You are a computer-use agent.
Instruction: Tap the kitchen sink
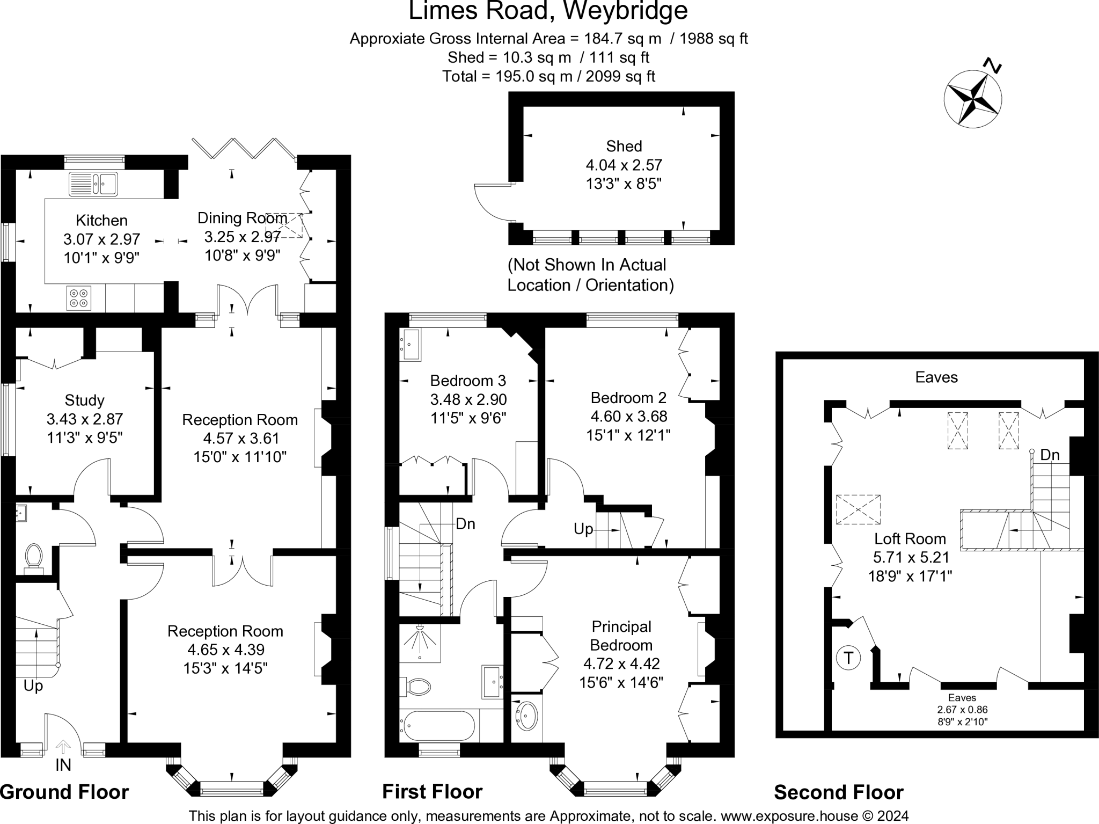click(93, 184)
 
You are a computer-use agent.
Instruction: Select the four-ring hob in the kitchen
click(79, 298)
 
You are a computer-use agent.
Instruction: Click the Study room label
click(84, 400)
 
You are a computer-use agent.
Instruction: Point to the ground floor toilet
click(34, 556)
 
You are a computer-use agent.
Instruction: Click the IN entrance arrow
click(63, 747)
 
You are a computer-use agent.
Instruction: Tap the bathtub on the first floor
click(437, 726)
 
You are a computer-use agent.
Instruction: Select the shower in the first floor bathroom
click(420, 642)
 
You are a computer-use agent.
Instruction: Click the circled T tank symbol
click(848, 658)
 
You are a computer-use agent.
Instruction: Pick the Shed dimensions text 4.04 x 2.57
click(624, 165)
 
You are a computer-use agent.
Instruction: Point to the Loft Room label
click(910, 539)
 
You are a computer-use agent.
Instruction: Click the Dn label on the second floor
click(1050, 455)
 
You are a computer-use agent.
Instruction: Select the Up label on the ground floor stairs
click(33, 686)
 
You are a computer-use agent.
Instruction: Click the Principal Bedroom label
click(621, 636)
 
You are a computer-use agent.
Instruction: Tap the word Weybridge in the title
click(625, 11)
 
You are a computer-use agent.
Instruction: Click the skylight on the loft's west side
click(858, 509)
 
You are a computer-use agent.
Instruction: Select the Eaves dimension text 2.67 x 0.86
click(962, 709)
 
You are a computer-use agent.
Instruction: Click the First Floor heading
click(432, 792)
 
